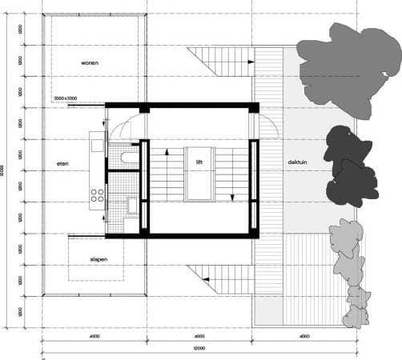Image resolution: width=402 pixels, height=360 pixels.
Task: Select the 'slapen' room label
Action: click(x=98, y=259)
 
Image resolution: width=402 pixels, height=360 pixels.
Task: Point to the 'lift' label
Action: click(x=199, y=162)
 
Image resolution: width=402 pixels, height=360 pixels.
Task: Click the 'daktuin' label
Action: click(x=299, y=162)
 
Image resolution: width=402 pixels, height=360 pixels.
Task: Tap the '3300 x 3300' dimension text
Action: click(x=65, y=98)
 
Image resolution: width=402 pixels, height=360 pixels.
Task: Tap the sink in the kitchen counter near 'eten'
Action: click(x=97, y=146)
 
